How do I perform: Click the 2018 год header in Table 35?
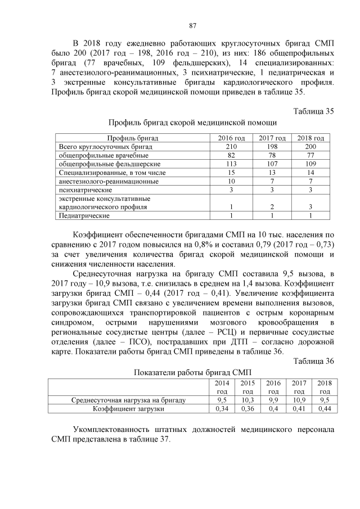(310, 138)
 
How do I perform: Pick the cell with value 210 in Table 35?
(231, 146)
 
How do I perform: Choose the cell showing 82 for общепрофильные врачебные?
(231, 155)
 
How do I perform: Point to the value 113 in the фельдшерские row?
(231, 164)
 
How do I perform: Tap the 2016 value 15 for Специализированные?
(231, 173)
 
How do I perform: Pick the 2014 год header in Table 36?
(222, 386)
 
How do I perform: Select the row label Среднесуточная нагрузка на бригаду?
(129, 400)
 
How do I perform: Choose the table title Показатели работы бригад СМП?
(192, 372)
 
